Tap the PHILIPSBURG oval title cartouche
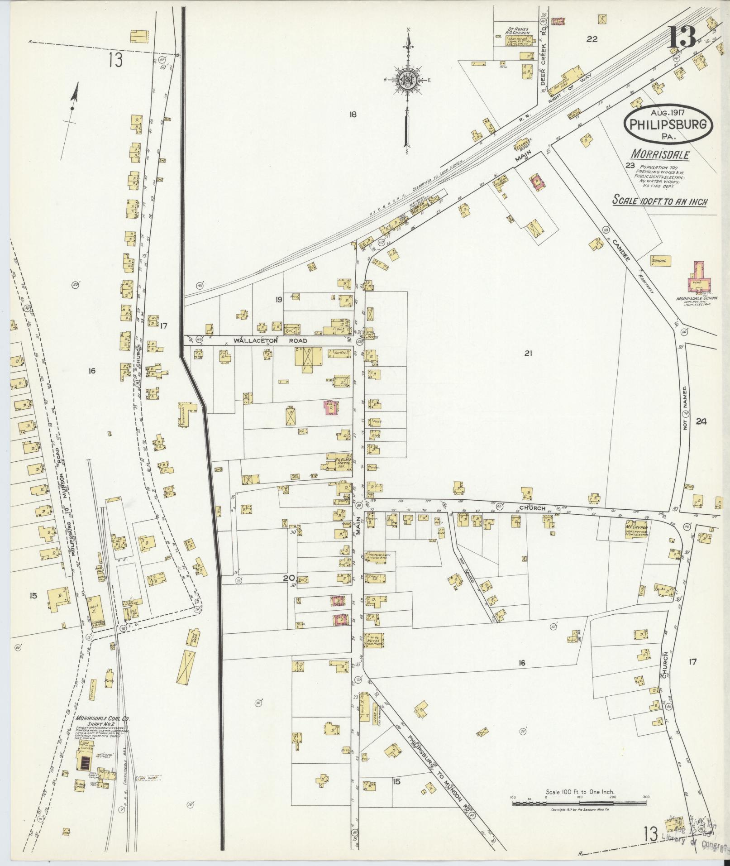point(668,124)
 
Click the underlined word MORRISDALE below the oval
point(661,155)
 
